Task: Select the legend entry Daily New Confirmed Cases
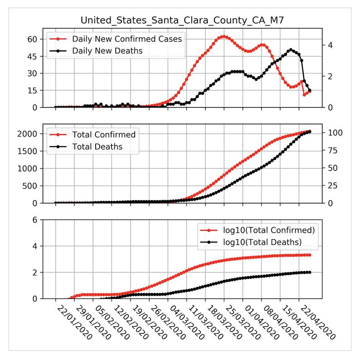126,39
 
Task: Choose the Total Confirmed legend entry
103,135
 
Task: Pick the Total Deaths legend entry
97,147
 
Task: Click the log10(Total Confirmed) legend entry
269,230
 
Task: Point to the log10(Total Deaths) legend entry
263,242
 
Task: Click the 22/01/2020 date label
75,323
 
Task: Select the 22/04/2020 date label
317,323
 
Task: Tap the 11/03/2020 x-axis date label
205,323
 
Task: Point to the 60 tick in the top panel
32,39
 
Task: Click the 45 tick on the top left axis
32,56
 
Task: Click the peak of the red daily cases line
224,37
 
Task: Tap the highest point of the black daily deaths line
291,50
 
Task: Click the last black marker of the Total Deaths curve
310,132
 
